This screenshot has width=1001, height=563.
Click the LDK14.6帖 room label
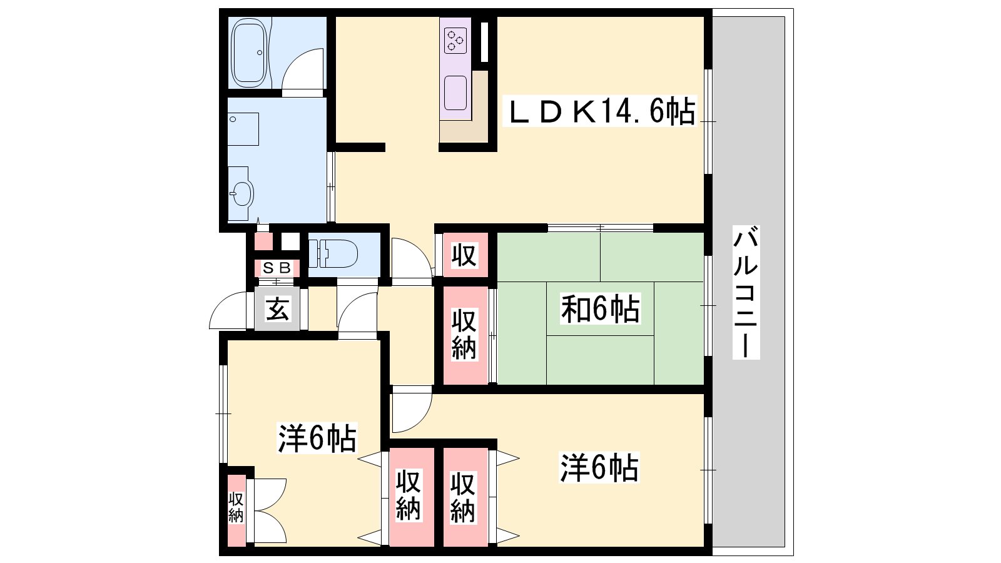click(x=600, y=111)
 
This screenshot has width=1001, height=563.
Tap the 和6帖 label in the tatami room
click(x=600, y=309)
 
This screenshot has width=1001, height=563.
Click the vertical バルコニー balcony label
click(x=746, y=292)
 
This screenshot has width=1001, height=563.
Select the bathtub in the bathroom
click(x=249, y=53)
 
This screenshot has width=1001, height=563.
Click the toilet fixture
click(x=333, y=254)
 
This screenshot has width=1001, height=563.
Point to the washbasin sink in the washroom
click(x=241, y=193)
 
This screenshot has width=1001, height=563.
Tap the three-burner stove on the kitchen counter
click(x=455, y=40)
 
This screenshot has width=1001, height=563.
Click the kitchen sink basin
click(x=455, y=93)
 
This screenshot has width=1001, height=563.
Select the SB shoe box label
click(x=277, y=268)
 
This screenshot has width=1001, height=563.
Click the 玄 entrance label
click(x=277, y=309)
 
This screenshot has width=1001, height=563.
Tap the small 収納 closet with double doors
click(x=236, y=509)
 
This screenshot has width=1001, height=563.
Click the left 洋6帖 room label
click(x=317, y=438)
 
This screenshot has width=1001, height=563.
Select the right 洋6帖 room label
click(x=599, y=467)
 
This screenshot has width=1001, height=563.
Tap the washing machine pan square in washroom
click(x=243, y=129)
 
